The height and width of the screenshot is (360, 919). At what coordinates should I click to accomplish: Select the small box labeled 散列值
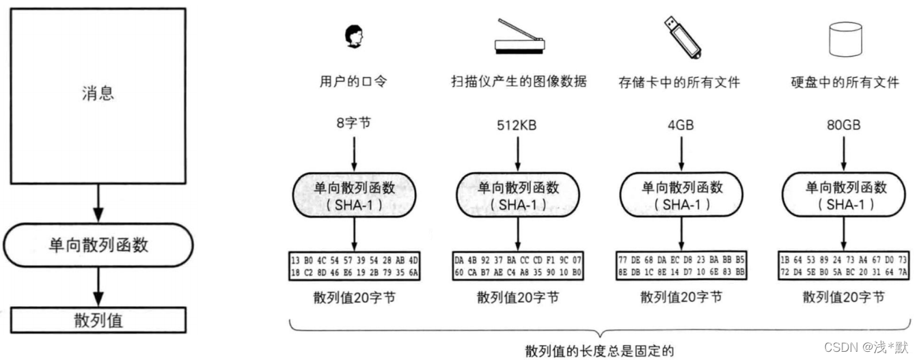[98, 320]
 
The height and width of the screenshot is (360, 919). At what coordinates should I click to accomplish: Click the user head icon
[354, 36]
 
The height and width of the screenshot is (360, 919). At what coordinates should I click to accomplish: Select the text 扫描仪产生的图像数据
[517, 83]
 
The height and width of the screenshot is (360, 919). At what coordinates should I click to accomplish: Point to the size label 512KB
[517, 126]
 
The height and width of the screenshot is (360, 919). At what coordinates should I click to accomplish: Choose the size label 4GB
[681, 126]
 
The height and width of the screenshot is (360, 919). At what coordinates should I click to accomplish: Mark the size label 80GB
[843, 126]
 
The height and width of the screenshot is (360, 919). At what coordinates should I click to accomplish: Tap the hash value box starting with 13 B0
[353, 266]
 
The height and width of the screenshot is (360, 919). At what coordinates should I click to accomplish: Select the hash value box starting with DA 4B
[517, 266]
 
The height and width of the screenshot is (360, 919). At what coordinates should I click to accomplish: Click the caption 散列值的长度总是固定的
[599, 351]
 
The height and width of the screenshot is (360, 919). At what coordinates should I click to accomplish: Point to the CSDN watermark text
[866, 347]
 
